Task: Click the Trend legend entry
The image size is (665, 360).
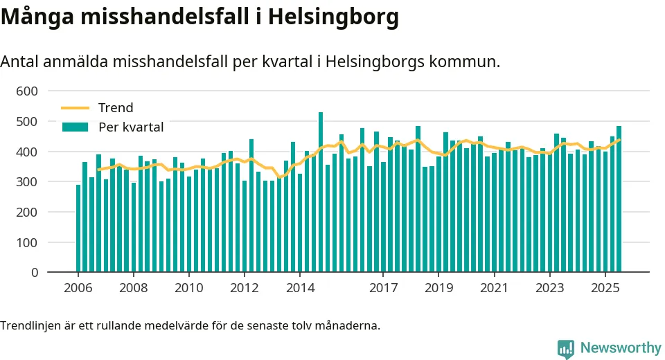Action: coord(116,108)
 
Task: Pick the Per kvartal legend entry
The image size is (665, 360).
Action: coord(132,127)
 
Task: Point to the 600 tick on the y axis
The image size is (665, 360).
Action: coord(28,91)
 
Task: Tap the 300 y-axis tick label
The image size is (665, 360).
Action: coord(28,182)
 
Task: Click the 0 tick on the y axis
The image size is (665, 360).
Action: coord(34,273)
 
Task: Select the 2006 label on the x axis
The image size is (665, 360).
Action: coord(78,288)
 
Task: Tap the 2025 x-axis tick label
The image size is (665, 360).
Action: coord(605,288)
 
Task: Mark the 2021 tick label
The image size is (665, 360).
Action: coord(495,288)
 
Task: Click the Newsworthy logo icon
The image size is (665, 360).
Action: coord(566,348)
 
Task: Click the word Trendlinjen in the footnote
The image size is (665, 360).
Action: coord(30,325)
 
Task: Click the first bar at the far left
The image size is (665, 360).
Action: coord(78,228)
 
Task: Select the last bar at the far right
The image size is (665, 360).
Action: coord(619,199)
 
